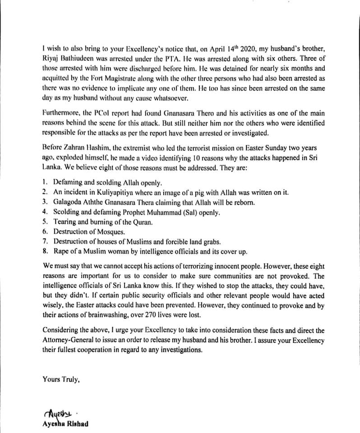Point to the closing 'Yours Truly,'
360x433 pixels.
click(61, 380)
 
